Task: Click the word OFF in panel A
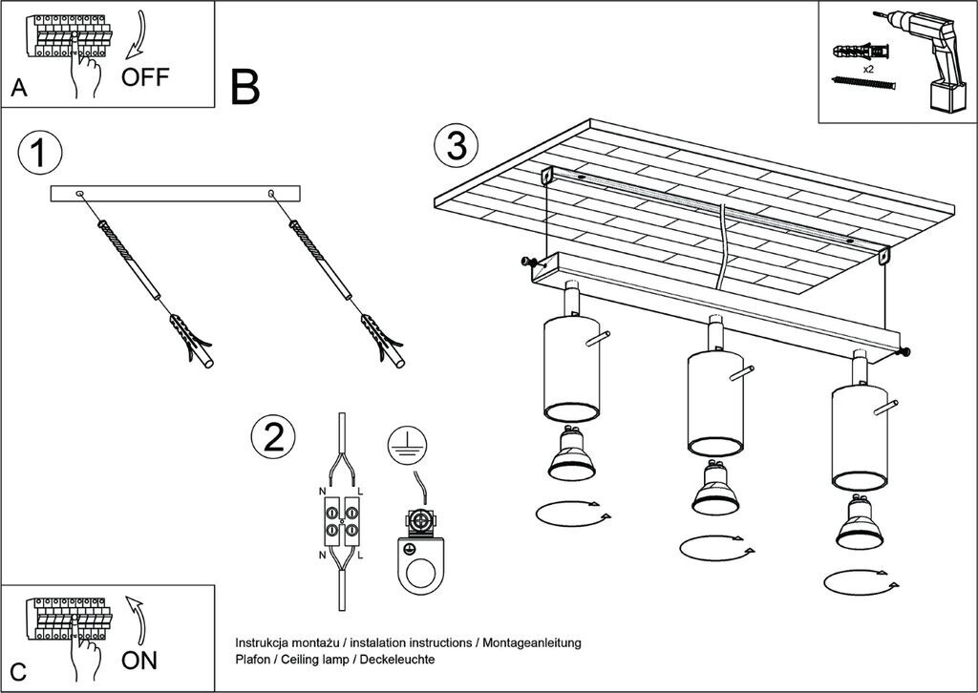click(145, 76)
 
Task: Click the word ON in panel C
click(139, 661)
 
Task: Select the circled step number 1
click(40, 153)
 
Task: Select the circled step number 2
click(273, 437)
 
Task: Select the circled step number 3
click(457, 147)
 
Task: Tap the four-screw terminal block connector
click(341, 522)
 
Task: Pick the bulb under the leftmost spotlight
click(571, 453)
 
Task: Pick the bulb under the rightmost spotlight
click(860, 521)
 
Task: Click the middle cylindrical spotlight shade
click(715, 403)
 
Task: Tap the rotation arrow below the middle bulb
click(717, 549)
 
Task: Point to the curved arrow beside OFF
click(140, 34)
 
